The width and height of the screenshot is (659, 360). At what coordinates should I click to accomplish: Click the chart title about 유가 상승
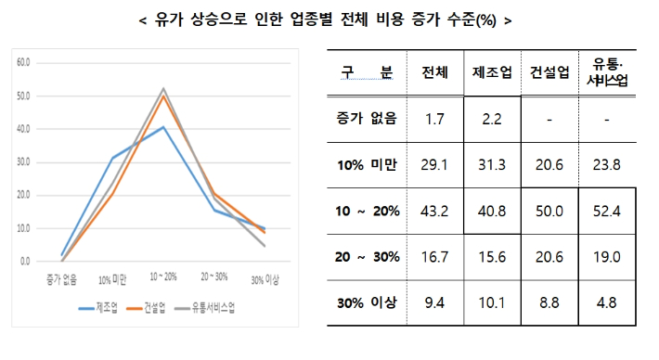(329, 19)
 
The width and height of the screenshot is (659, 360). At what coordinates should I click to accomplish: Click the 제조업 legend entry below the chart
(105, 308)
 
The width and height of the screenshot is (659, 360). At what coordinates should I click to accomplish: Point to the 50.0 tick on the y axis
(23, 96)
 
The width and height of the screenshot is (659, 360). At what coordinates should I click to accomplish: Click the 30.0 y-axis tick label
(23, 161)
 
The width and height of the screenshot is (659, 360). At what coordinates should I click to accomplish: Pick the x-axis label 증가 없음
(62, 278)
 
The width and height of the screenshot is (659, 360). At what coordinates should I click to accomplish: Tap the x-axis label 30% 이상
(265, 278)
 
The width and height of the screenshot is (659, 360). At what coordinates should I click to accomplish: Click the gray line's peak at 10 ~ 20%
(163, 88)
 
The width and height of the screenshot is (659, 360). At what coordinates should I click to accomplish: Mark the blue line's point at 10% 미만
(113, 158)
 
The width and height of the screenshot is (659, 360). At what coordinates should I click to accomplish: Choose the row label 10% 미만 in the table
(367, 164)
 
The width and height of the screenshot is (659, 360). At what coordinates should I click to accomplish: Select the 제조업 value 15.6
(492, 256)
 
